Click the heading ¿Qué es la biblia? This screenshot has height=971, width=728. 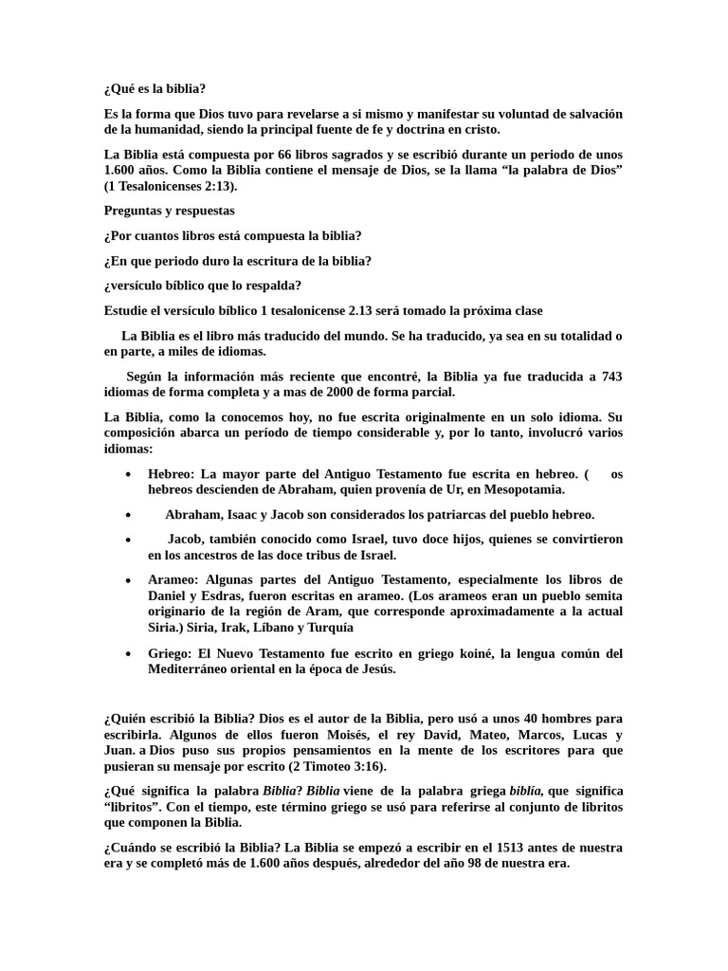[155, 89]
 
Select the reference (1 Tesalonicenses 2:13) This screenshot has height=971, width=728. [171, 186]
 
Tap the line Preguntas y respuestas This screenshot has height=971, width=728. [170, 211]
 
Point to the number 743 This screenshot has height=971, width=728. [611, 376]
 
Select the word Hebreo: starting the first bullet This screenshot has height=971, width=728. [171, 474]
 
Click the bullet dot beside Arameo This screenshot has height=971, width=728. [128, 579]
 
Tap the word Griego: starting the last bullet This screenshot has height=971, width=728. [169, 653]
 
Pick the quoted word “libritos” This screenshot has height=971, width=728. [135, 806]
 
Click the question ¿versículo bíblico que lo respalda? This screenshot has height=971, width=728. [203, 285]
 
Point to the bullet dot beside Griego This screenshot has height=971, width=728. [128, 654]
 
